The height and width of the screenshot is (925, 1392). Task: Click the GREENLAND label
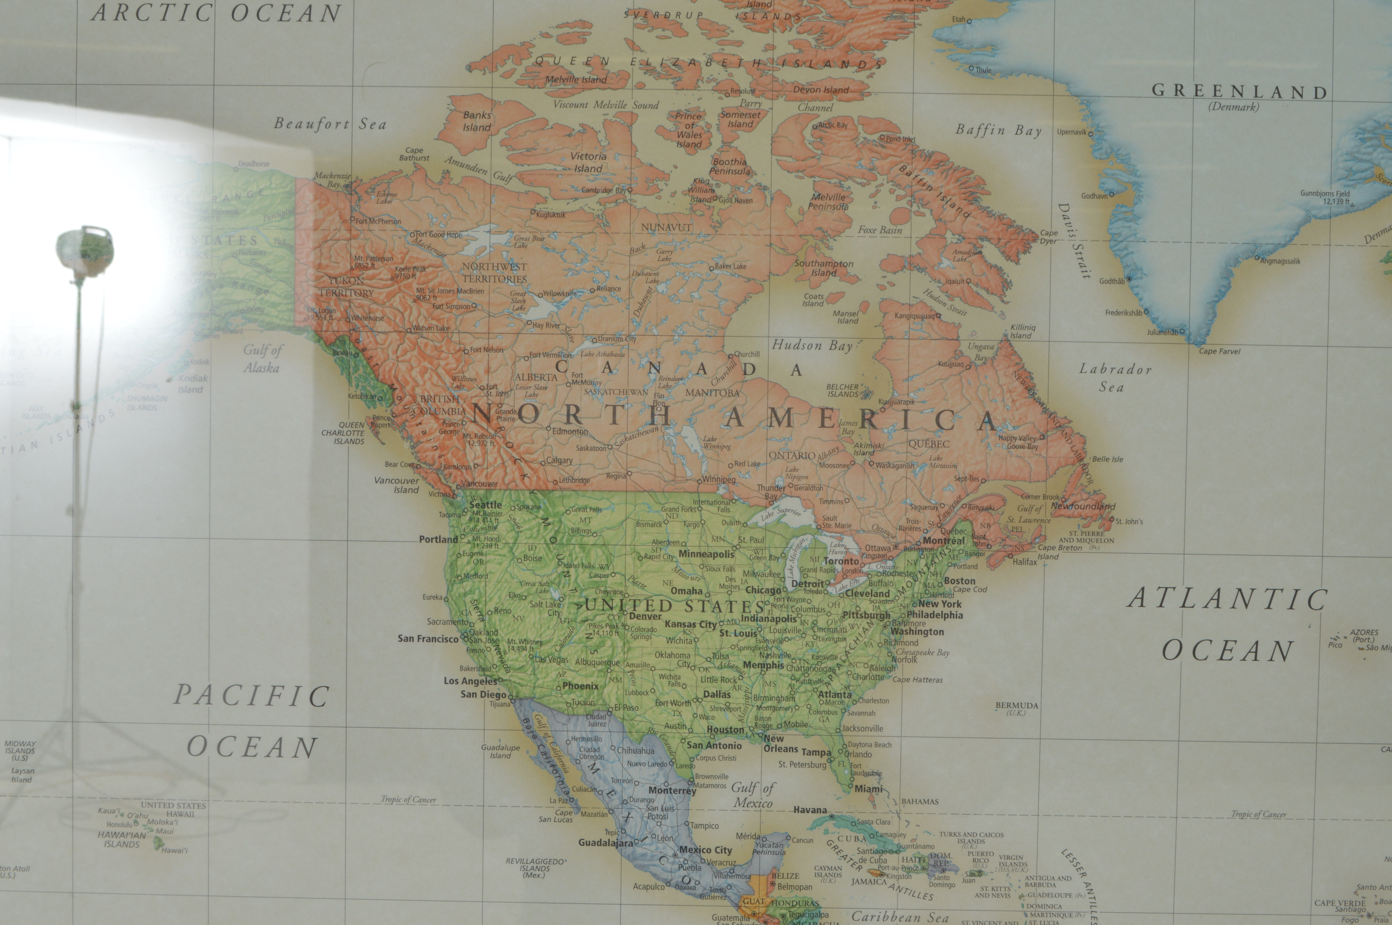pos(1239,92)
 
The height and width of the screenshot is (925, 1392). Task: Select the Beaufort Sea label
pos(330,124)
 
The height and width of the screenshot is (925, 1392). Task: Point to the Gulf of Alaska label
pos(263,358)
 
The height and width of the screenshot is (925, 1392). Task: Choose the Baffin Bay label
pos(998,130)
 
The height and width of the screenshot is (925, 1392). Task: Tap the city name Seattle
pos(485,505)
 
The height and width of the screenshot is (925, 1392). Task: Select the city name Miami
pos(868,789)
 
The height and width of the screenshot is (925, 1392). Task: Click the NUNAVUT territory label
pos(666,227)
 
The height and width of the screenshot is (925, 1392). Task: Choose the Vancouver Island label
pos(396,485)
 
